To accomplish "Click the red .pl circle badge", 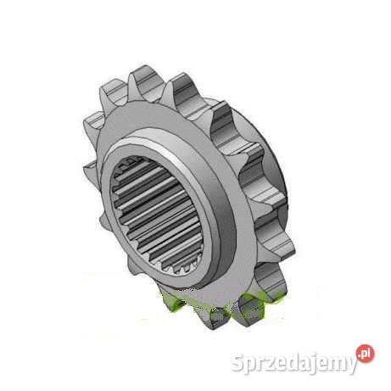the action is tap(366, 354).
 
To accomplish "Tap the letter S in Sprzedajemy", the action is tap(238, 362).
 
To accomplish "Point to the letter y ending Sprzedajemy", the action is tap(351, 366).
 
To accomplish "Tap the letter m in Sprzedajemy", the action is tap(335, 364).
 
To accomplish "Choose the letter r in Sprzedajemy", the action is tap(262, 364).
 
